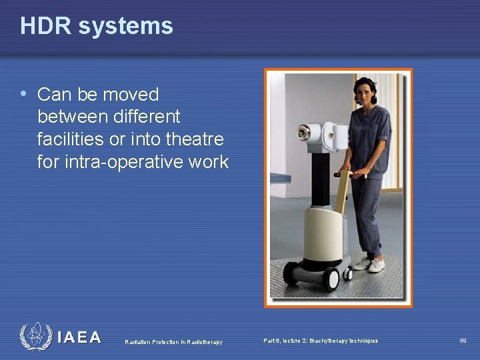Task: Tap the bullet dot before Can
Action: [x=24, y=94]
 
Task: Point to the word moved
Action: [x=131, y=94]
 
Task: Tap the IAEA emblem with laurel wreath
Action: [x=35, y=337]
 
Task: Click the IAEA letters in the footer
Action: [x=79, y=337]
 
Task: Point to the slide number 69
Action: [x=463, y=341]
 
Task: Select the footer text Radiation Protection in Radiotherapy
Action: [x=173, y=342]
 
